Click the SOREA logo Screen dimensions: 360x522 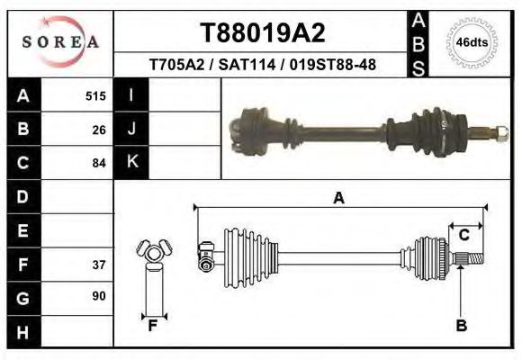(59, 42)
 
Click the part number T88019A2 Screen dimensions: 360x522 (262, 32)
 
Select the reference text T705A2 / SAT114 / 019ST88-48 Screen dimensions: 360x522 (262, 65)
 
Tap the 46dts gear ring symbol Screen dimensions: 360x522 (472, 41)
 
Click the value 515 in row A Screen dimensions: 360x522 (95, 95)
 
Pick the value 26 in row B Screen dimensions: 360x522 (99, 129)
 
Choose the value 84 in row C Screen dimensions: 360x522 (99, 163)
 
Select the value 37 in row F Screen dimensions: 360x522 (99, 265)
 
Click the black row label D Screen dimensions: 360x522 (23, 196)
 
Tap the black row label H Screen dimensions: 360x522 (23, 332)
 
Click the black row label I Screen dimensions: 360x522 (131, 95)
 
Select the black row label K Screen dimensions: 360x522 (131, 162)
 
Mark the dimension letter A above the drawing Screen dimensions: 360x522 (338, 199)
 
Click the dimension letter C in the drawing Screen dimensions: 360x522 (464, 236)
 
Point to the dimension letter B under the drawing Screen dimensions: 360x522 (461, 326)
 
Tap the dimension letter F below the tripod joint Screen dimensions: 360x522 (153, 326)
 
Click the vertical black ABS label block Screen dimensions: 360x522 (418, 42)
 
